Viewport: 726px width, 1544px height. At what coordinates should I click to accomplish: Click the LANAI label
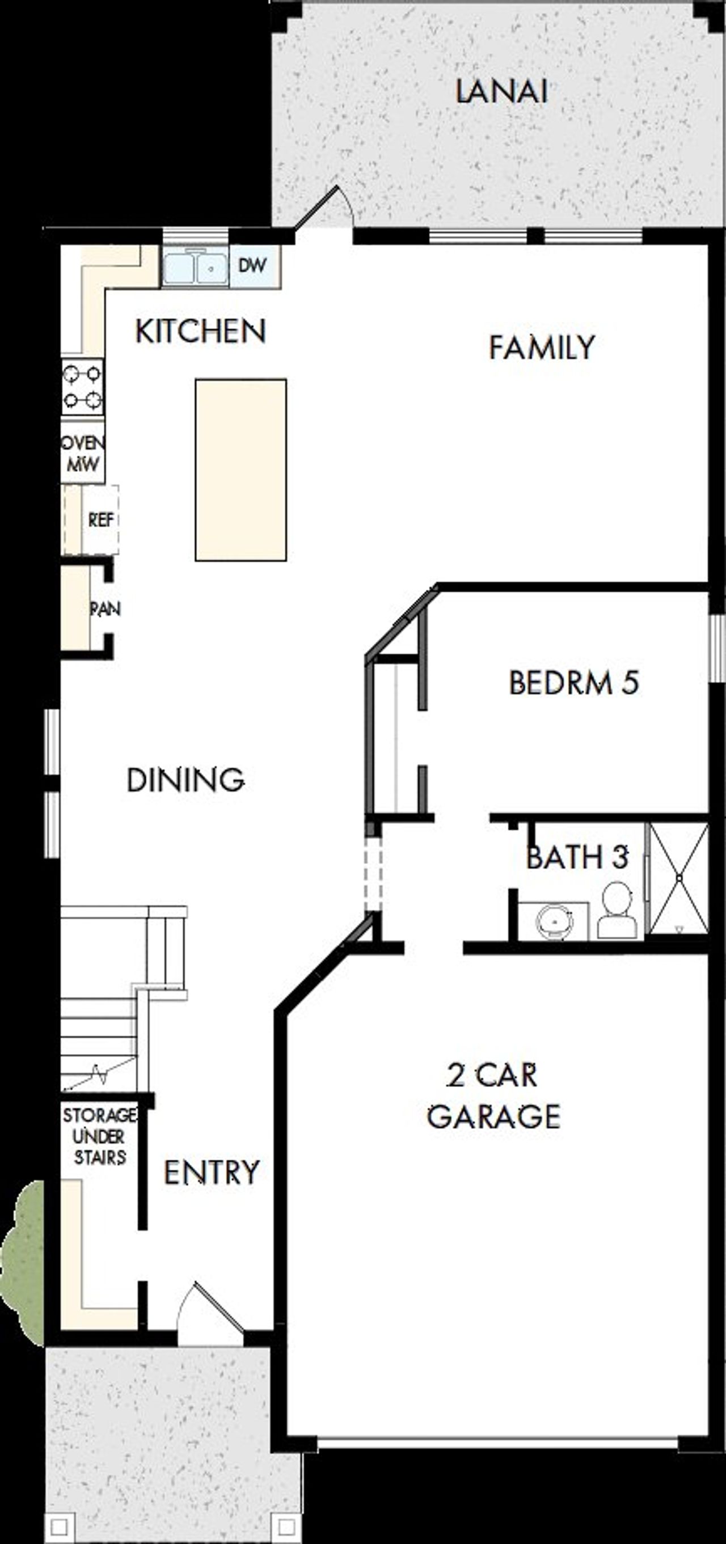[x=501, y=92]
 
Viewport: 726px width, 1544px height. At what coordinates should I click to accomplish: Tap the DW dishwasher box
[x=252, y=265]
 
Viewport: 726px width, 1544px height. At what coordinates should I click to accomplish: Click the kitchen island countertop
[x=240, y=470]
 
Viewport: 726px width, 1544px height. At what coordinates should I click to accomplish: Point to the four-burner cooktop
[x=82, y=387]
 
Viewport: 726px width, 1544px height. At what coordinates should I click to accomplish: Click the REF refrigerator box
[x=100, y=519]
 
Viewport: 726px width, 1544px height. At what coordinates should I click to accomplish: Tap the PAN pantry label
[x=104, y=609]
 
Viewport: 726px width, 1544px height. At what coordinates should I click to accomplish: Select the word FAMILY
[x=541, y=348]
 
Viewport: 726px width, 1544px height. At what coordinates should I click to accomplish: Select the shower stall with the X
[x=678, y=878]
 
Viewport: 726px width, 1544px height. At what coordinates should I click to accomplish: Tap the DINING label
[x=185, y=780]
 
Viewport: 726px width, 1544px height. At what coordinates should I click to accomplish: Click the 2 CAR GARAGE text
[x=493, y=1096]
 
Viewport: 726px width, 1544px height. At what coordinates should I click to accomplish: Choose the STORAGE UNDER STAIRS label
[x=99, y=1136]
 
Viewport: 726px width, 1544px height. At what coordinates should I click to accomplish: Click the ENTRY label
[x=212, y=1173]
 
